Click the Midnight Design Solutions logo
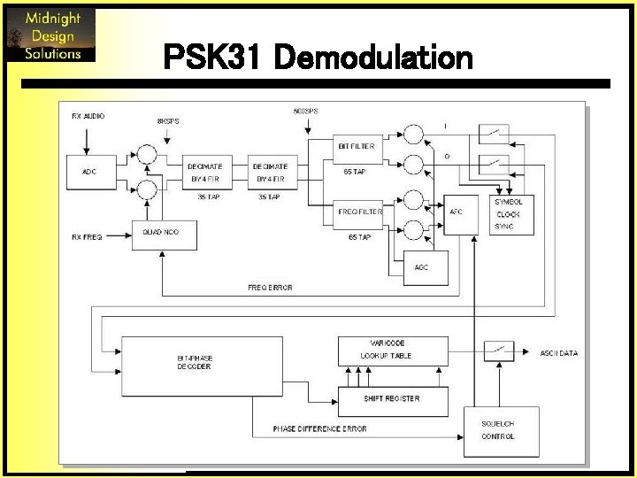click(x=50, y=35)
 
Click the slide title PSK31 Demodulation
click(x=318, y=58)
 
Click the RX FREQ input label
click(x=87, y=236)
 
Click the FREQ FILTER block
click(x=360, y=212)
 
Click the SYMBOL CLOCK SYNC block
click(x=509, y=214)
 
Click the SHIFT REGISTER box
click(x=391, y=398)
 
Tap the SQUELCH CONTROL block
click(x=497, y=430)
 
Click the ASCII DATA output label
click(x=558, y=353)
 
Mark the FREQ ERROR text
click(x=270, y=288)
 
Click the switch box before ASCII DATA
click(x=497, y=351)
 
